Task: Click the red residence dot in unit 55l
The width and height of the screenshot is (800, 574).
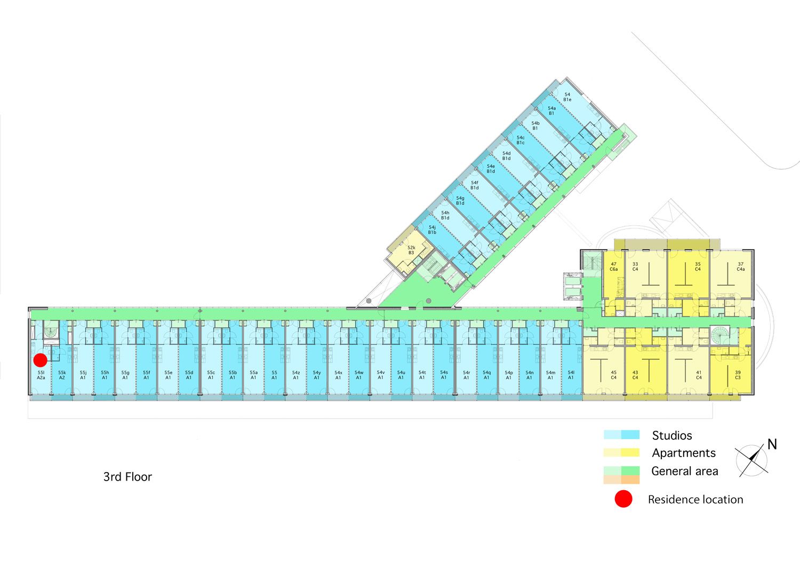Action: click(x=41, y=360)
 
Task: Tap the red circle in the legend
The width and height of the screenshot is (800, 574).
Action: click(x=623, y=499)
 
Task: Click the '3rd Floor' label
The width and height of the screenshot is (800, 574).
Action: click(x=127, y=477)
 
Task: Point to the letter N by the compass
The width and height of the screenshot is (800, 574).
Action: click(x=772, y=444)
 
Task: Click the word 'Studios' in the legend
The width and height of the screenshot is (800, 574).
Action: click(x=672, y=436)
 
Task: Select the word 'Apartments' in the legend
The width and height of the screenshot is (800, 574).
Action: click(x=684, y=453)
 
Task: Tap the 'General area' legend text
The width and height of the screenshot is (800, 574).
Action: click(x=685, y=471)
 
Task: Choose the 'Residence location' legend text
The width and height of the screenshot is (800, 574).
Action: click(x=695, y=500)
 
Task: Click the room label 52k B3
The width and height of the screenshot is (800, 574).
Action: click(x=411, y=250)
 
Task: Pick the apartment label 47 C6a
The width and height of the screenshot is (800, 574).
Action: click(x=614, y=266)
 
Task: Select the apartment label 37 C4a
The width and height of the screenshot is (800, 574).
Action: click(x=740, y=266)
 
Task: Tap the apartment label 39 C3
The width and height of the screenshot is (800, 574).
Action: click(x=738, y=375)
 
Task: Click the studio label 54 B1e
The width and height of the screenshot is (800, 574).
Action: click(x=567, y=97)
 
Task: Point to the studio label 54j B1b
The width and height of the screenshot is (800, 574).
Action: click(x=432, y=230)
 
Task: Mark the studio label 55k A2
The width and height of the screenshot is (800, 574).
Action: click(x=62, y=375)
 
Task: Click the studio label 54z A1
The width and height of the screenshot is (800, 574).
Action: click(x=296, y=375)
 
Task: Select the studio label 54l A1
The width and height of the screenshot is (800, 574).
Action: click(x=571, y=375)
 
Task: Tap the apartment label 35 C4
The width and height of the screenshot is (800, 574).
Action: click(x=698, y=266)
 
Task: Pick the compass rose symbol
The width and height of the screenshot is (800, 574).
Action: click(x=751, y=460)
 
